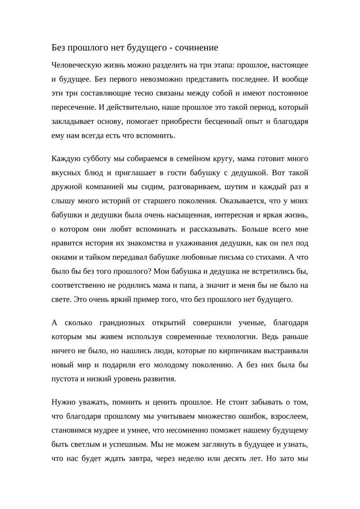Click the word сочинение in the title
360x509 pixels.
pos(196,47)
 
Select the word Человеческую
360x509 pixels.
pos(78,65)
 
